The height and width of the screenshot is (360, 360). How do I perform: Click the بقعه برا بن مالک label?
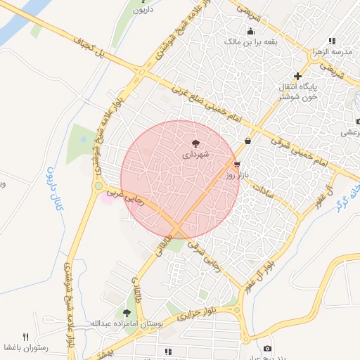[x=251, y=41]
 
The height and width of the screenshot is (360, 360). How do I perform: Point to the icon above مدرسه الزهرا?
[x=331, y=41]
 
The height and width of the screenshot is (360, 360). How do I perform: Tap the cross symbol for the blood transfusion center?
[x=298, y=76]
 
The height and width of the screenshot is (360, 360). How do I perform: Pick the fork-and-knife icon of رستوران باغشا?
[x=26, y=337]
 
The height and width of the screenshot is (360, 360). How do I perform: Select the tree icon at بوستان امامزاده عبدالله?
[x=127, y=313]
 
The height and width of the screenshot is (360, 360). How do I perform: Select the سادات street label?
[x=261, y=185]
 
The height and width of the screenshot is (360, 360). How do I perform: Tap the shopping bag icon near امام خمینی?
[x=247, y=141]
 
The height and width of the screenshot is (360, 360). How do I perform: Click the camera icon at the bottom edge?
[x=267, y=349]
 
